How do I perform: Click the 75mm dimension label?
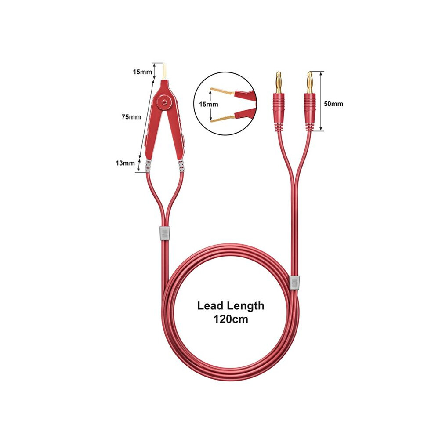click(x=131, y=117)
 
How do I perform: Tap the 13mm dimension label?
click(x=125, y=163)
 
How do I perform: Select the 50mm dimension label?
click(x=333, y=104)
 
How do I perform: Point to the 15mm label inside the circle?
click(x=208, y=105)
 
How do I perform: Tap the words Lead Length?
click(x=231, y=305)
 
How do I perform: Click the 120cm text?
click(x=231, y=319)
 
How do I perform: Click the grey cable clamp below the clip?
click(x=164, y=234)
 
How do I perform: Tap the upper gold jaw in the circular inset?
click(x=222, y=91)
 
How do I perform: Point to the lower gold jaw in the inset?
click(x=222, y=118)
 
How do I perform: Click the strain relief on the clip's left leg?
click(x=147, y=167)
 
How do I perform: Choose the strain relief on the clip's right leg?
click(x=181, y=167)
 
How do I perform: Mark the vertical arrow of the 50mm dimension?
click(x=322, y=101)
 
